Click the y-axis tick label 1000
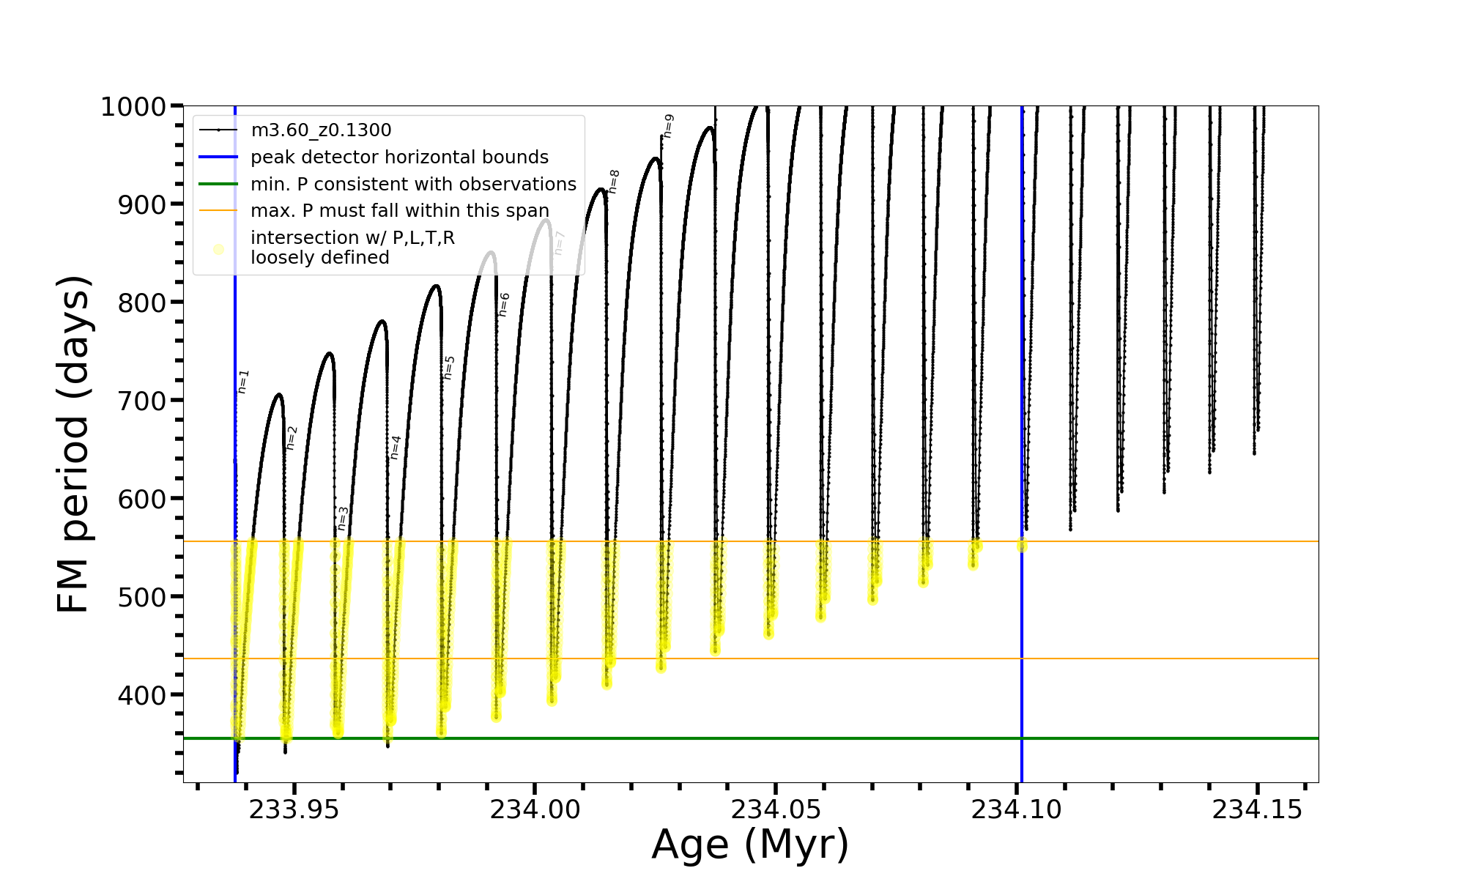[x=133, y=107]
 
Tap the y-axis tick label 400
[x=142, y=695]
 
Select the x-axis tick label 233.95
[x=294, y=809]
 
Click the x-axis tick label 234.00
[x=535, y=809]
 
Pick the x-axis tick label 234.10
[x=1017, y=809]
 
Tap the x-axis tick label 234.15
[x=1257, y=809]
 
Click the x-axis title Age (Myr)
[x=750, y=845]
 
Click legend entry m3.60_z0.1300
[x=321, y=130]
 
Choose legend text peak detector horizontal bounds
[x=399, y=157]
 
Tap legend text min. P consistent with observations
[x=413, y=184]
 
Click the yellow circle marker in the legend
[x=218, y=250]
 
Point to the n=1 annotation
[x=243, y=382]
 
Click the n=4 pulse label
[x=396, y=448]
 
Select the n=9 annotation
[x=668, y=126]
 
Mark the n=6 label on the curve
[x=504, y=305]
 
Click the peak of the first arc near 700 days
[x=278, y=394]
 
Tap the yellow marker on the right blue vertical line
[x=1022, y=546]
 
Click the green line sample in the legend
[x=218, y=184]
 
